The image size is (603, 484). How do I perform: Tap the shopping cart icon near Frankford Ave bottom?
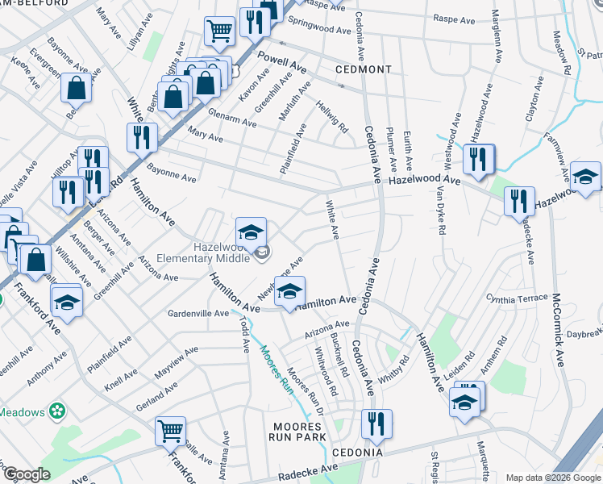[x=171, y=431]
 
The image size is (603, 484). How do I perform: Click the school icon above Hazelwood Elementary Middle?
[x=252, y=232]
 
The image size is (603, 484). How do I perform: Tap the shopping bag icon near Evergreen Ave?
[x=76, y=88]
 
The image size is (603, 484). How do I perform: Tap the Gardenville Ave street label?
[x=198, y=312]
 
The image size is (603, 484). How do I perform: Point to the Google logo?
[x=27, y=474]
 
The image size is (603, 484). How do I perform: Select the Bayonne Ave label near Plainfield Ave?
[x=171, y=173]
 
